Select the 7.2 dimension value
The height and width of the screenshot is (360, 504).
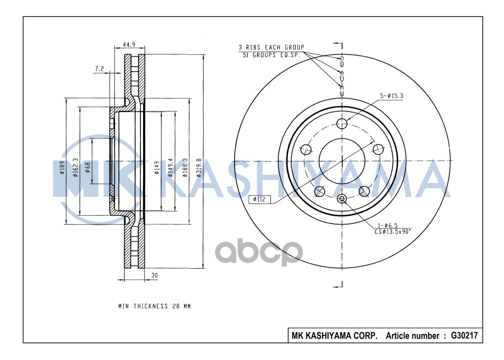pos(100,69)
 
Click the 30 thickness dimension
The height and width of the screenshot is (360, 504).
pos(154,274)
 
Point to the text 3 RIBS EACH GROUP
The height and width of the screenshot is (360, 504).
pos(271,47)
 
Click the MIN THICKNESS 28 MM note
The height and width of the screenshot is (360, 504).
pos(154,306)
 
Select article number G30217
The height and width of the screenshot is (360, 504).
pos(461,336)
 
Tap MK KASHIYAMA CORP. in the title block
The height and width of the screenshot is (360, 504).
pos(335,336)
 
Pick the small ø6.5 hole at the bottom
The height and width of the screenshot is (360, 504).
pos(342,198)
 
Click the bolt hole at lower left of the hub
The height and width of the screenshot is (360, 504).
pos(320,191)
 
